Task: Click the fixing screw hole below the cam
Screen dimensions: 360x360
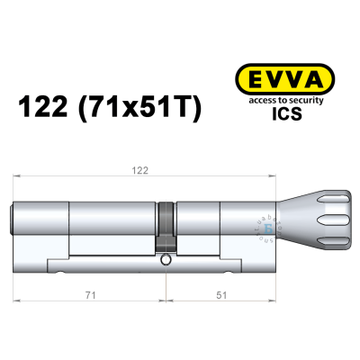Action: click(x=167, y=260)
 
